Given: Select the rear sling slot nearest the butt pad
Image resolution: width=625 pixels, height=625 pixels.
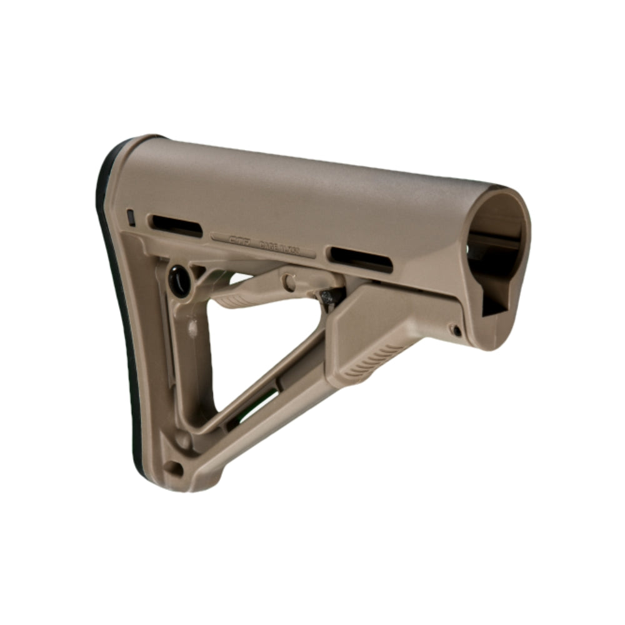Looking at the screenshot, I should point(177,225).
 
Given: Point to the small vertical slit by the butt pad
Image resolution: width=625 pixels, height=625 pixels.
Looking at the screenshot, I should point(131,217).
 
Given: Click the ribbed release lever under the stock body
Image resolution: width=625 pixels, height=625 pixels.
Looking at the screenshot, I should point(250,291).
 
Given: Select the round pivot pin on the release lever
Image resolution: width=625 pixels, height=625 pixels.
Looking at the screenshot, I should point(289,282).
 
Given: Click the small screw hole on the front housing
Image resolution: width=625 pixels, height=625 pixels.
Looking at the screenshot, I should point(456,329).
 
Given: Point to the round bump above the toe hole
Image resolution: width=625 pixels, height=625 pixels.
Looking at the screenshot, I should point(183,439).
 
